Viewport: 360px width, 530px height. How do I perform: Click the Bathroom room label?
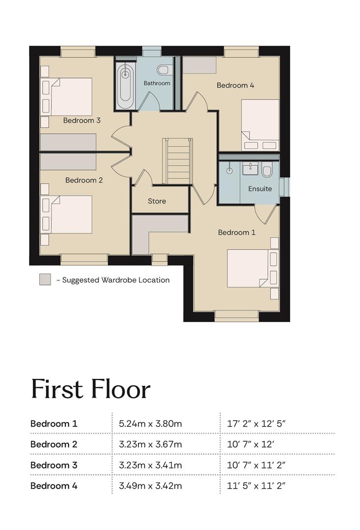[x=157, y=83]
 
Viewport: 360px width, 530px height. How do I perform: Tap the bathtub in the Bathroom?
[x=125, y=83]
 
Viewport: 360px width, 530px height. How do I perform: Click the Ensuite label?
[x=260, y=188]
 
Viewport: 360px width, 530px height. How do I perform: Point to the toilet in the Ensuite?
[x=267, y=170]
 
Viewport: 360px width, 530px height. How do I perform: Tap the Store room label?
[x=157, y=201]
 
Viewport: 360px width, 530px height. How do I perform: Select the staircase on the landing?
[x=177, y=161]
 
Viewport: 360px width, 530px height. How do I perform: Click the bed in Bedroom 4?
[x=260, y=125]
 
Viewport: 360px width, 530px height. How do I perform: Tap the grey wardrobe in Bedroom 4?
[x=199, y=65]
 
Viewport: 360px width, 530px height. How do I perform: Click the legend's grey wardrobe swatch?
[x=45, y=280]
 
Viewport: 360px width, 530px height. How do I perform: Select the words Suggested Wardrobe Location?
[x=116, y=280]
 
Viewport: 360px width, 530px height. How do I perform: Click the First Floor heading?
[x=91, y=389]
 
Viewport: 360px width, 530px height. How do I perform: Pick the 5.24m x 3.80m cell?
[x=150, y=424]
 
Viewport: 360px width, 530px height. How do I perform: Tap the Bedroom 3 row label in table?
[x=54, y=465]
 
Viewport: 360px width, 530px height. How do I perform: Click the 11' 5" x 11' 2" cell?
[x=256, y=486]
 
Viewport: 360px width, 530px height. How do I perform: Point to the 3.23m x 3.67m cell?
[x=150, y=444]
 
